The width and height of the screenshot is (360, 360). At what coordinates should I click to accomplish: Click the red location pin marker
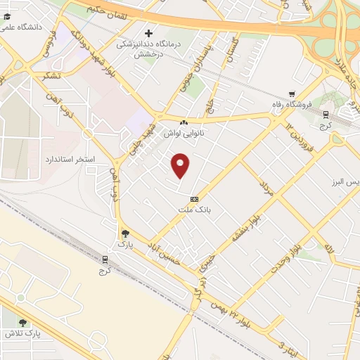click(181, 165)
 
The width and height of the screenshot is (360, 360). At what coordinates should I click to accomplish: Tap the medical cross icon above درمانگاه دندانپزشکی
click(148, 33)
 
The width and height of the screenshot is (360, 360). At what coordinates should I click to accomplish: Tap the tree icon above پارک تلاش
click(23, 323)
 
